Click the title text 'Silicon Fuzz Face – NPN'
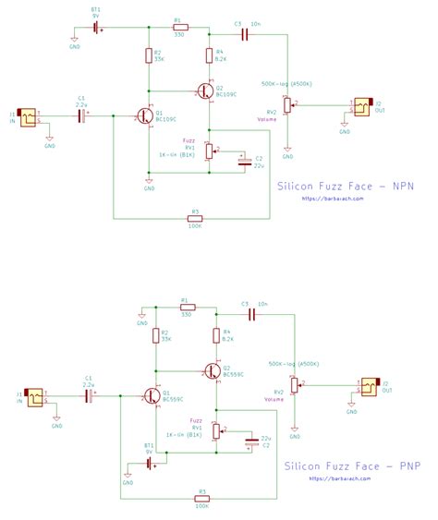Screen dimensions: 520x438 346,186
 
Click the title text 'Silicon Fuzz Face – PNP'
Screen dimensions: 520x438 352,466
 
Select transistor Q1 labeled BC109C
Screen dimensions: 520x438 144,116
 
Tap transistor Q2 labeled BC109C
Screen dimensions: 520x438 205,91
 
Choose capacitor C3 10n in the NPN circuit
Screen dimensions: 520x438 245,34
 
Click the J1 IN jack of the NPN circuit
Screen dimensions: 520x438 29,117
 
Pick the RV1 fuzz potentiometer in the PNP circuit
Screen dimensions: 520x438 216,430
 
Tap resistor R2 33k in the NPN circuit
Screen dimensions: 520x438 148,56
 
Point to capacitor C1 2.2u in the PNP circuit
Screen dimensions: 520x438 90,396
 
